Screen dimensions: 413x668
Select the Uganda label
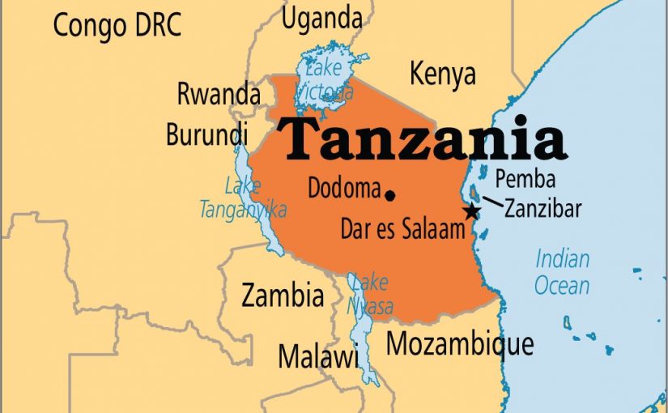(x=321, y=17)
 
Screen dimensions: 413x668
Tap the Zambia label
(x=283, y=296)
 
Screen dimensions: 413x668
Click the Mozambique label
(x=459, y=343)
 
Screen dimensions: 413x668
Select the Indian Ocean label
(x=562, y=272)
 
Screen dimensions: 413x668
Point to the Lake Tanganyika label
(x=243, y=198)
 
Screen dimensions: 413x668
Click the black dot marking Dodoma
(x=390, y=195)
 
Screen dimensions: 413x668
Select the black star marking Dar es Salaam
(x=470, y=211)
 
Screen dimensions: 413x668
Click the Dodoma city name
(x=343, y=188)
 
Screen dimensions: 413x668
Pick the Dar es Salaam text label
(x=402, y=228)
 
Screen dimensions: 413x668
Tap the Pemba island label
(x=525, y=178)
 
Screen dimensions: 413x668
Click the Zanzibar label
(x=542, y=208)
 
